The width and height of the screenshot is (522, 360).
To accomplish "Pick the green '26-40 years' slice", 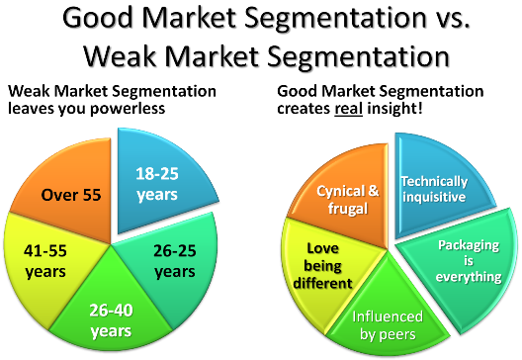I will (112, 316).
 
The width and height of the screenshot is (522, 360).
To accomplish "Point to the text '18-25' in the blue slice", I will (156, 175).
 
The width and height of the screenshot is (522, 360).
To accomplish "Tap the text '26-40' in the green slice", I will (111, 311).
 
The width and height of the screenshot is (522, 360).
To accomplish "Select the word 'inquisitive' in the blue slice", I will (431, 196).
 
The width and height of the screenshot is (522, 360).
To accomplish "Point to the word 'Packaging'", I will (468, 245).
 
